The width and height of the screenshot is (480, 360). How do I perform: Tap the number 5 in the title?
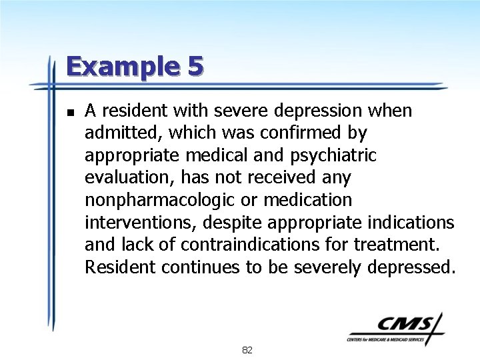tap(195, 67)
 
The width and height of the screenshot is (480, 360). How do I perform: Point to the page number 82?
tap(247, 350)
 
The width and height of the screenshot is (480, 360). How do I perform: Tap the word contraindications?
tap(250, 245)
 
